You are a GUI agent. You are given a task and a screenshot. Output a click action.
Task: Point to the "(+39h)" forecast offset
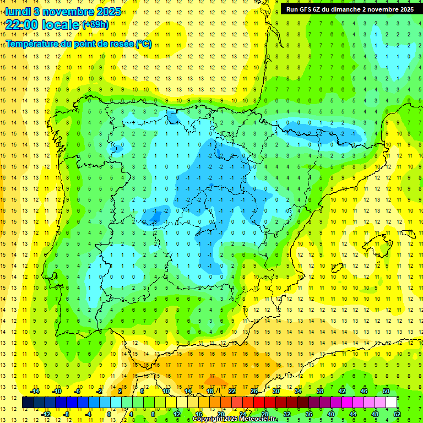click(x=95, y=25)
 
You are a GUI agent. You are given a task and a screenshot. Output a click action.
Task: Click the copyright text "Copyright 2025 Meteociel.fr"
click(x=235, y=419)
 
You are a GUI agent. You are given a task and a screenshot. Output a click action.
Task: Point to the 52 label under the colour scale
click(x=397, y=414)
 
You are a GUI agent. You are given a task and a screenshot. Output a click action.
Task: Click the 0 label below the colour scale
click(x=109, y=414)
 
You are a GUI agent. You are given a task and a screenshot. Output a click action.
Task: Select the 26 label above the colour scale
click(x=254, y=391)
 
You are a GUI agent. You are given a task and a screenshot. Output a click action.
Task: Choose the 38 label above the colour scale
click(x=320, y=391)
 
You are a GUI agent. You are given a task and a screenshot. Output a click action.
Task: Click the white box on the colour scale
click(x=391, y=403)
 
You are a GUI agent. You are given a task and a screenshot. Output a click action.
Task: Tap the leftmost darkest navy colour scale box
click(x=28, y=403)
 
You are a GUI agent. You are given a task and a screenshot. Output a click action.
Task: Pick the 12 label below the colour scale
click(x=177, y=414)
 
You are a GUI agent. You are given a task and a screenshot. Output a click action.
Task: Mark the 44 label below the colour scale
click(x=353, y=414)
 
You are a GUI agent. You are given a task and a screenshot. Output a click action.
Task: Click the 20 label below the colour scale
click(x=221, y=414)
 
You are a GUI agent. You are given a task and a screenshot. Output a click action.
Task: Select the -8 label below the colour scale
click(x=66, y=414)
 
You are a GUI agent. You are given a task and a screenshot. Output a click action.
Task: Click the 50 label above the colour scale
click(x=386, y=391)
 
